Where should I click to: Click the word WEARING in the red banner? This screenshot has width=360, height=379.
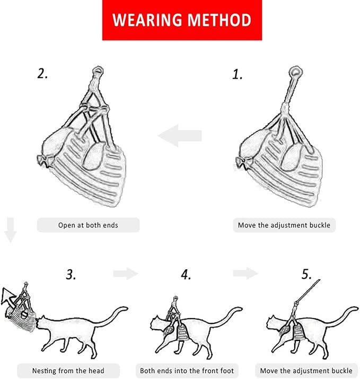click(147, 20)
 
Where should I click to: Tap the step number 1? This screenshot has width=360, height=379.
click(237, 74)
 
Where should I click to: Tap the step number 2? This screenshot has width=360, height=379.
click(42, 73)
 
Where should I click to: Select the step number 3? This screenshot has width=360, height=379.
click(71, 275)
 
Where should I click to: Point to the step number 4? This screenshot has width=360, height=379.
click(186, 275)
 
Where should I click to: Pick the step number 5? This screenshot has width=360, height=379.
click(306, 274)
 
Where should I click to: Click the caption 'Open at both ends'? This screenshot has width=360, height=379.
click(88, 225)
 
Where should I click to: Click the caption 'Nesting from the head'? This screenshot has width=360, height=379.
click(68, 371)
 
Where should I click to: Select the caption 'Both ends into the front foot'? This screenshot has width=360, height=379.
click(187, 371)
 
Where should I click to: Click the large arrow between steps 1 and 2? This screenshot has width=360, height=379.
click(180, 136)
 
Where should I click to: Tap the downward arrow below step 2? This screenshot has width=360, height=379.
click(11, 230)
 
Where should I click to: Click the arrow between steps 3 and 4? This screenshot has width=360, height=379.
click(126, 274)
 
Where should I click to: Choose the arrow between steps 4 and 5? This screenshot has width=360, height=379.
click(245, 274)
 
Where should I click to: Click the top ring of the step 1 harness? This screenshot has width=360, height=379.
click(295, 72)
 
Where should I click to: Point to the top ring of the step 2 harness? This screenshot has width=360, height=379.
click(98, 71)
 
